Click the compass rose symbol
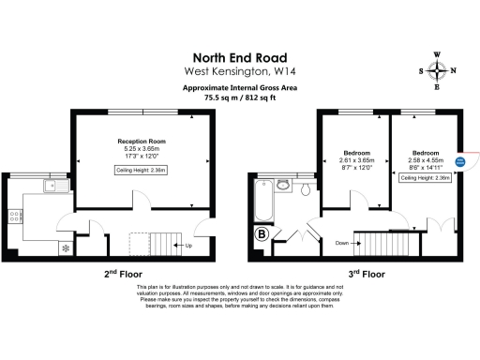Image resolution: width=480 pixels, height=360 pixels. click(x=437, y=71)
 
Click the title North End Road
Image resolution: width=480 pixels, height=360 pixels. click(x=239, y=56)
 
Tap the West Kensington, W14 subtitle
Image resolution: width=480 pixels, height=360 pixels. click(x=239, y=71)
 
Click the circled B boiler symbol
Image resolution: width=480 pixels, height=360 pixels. click(x=261, y=233)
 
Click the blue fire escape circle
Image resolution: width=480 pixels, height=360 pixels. click(x=459, y=161)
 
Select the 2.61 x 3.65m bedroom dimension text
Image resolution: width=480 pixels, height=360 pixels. click(x=356, y=160)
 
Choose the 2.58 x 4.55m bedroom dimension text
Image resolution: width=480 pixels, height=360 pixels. click(x=425, y=160)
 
